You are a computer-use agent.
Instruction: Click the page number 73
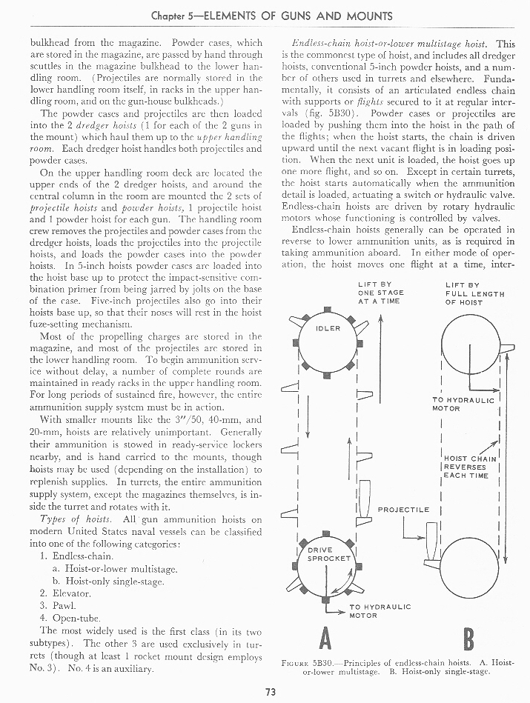(x=265, y=693)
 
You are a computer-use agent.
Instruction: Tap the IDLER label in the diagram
(x=328, y=328)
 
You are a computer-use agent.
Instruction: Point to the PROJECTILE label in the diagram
(x=403, y=510)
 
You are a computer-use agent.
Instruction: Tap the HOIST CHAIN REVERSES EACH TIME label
(x=466, y=467)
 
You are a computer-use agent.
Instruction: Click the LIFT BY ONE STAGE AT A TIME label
(x=380, y=293)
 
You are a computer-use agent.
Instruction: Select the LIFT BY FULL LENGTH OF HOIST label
(x=474, y=293)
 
